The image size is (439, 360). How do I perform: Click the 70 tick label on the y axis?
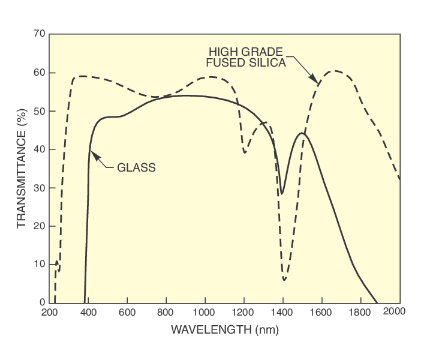(39, 34)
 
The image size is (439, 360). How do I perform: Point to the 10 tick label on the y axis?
(39, 264)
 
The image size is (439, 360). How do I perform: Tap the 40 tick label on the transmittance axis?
(39, 149)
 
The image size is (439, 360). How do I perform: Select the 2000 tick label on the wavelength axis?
(395, 311)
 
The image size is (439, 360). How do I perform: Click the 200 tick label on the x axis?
(50, 312)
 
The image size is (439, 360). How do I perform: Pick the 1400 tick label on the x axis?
(282, 312)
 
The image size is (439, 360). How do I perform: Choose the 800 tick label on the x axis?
(166, 312)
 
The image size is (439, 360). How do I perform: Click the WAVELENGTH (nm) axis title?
(224, 329)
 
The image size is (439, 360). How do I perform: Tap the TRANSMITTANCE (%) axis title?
(22, 168)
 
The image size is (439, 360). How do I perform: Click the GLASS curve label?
(136, 168)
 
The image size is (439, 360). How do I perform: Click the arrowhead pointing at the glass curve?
(92, 152)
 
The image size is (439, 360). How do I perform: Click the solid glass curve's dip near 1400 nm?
(282, 194)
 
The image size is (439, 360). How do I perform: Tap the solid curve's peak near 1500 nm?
(302, 133)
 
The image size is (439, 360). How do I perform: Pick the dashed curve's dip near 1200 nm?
(245, 153)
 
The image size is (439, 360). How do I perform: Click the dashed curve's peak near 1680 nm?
(336, 71)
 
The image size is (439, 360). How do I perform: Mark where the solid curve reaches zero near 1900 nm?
(377, 302)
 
